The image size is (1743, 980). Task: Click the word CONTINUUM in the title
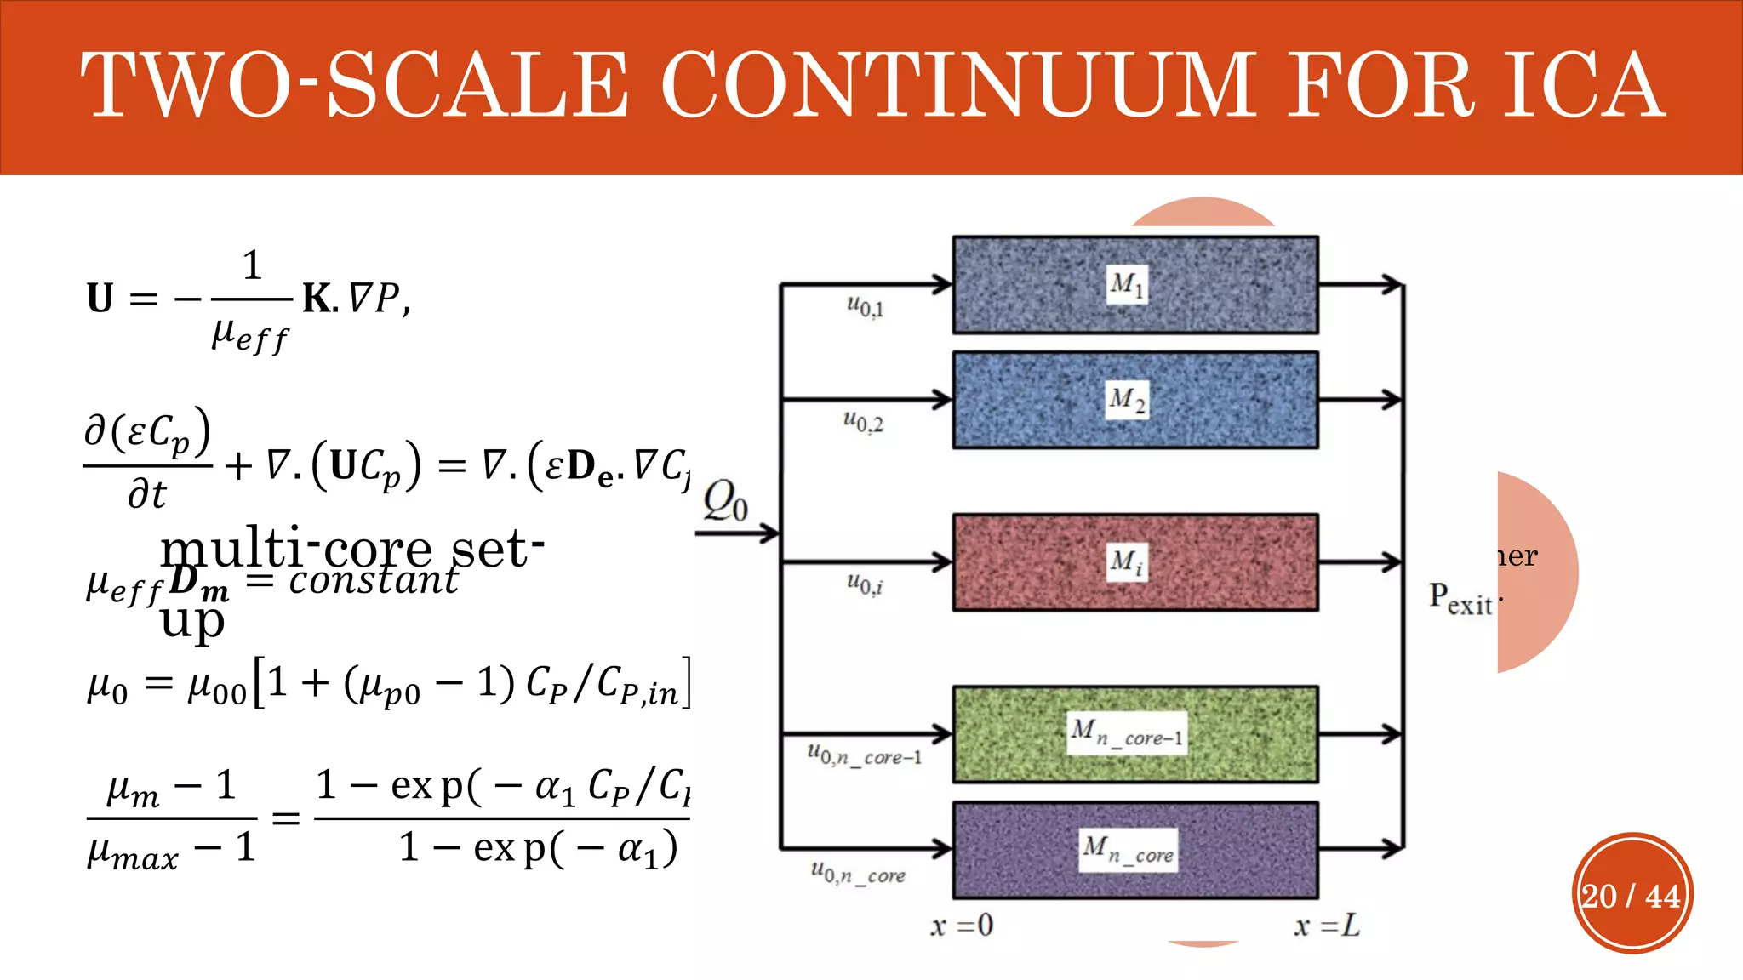957,85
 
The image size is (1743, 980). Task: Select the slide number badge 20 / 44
1632,895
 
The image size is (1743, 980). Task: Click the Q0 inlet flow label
725,500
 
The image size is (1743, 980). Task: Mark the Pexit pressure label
1460,599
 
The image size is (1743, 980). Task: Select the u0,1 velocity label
865,306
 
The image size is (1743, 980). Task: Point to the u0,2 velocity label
863,421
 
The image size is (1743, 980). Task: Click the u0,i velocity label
865,584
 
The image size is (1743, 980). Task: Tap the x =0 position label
962,926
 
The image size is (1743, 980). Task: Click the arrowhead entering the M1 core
942,284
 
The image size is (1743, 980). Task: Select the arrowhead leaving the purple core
1392,848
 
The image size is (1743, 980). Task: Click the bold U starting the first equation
100,299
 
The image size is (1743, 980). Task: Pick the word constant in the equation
374,581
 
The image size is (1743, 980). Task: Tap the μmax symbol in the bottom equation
133,852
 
